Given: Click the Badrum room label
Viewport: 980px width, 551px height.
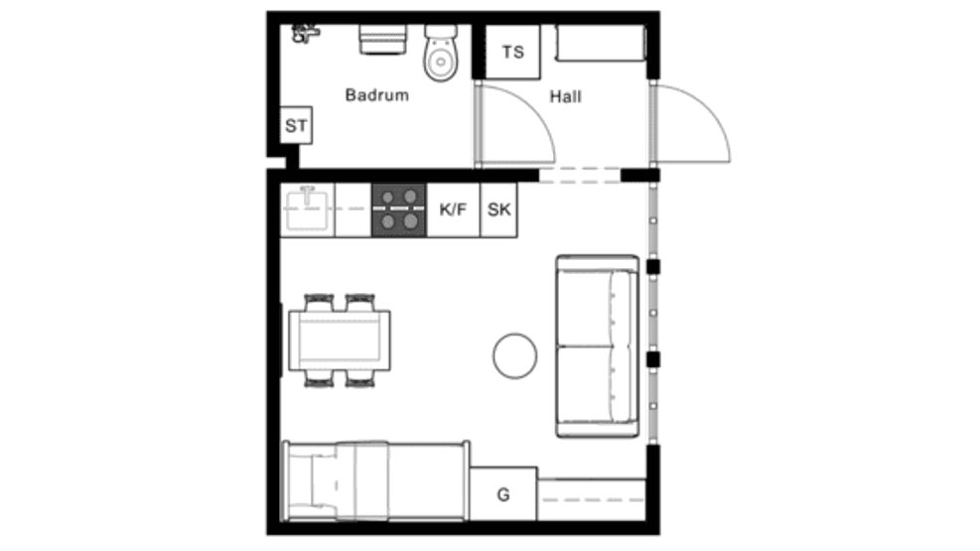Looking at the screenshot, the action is [x=377, y=95].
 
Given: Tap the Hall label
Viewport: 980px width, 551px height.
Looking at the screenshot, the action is [x=566, y=97].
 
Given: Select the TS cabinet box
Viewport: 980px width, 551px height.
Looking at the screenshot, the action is [x=512, y=52].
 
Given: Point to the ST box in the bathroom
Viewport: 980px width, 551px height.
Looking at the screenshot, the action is [x=296, y=125].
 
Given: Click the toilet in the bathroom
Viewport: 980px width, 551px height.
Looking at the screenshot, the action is [x=441, y=54].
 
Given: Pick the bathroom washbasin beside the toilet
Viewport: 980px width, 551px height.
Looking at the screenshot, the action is [x=382, y=40].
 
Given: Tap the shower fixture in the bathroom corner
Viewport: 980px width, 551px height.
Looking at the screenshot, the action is [x=305, y=33].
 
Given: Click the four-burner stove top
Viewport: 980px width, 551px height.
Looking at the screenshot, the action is [x=399, y=209].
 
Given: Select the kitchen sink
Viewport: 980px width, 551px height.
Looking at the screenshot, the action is [x=306, y=208].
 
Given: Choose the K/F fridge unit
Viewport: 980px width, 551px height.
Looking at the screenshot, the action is [x=453, y=209].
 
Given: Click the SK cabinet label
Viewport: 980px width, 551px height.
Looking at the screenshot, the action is [x=498, y=209].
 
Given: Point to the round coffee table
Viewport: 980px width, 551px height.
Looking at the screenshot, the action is [x=514, y=355].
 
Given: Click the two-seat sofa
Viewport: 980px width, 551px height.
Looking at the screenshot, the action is [x=598, y=346].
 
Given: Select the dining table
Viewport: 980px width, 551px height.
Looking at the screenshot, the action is [x=340, y=341].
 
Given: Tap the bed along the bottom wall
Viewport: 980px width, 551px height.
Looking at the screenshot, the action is [x=375, y=482].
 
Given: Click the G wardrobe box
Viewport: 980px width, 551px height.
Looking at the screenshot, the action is [x=503, y=493].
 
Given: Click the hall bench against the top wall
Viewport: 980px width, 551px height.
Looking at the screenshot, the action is [x=601, y=43].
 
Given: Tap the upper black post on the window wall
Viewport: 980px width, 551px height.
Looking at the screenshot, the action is [x=652, y=267].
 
